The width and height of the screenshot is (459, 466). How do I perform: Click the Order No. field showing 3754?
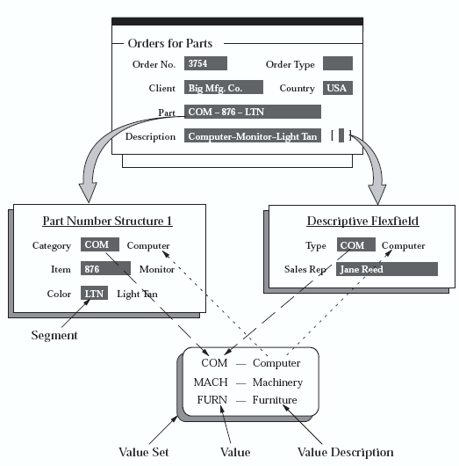pos(205,63)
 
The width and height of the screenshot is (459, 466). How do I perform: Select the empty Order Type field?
pos(338,63)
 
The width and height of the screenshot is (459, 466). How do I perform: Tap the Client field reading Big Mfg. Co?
pos(224,87)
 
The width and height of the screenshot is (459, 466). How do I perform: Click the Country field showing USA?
pos(338,88)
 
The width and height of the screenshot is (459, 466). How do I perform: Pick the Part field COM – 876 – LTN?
pos(253,112)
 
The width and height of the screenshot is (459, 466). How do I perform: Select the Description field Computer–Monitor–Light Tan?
pos(253,135)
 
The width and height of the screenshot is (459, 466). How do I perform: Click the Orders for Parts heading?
pos(170,43)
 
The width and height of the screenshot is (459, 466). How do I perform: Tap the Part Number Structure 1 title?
pos(107,221)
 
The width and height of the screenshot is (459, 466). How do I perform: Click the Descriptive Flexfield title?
pos(362,221)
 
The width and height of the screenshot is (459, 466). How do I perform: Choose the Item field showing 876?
pos(105,268)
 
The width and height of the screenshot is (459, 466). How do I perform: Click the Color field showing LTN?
pos(94,293)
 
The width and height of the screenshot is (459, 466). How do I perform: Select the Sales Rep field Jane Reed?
pos(387,269)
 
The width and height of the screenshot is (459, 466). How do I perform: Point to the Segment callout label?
pos(54,335)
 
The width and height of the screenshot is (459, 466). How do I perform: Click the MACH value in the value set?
pos(211,382)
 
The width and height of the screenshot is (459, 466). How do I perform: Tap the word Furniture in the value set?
pos(275,400)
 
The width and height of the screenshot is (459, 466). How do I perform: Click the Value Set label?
pos(144,452)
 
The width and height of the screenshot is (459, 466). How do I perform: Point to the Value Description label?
pos(346,453)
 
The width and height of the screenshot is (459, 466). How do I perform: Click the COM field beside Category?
pos(100,244)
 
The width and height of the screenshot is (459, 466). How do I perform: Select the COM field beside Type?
pos(356,244)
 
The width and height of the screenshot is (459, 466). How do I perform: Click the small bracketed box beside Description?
pos(341,135)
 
